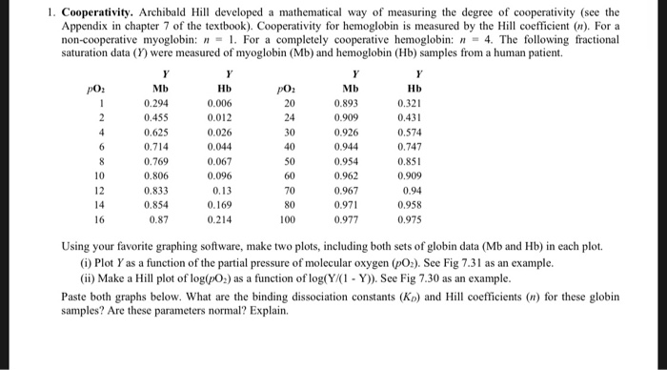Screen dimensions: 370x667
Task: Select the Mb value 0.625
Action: click(x=167, y=132)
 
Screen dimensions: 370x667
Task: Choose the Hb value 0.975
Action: click(x=416, y=221)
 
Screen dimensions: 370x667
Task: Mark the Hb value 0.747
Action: click(x=416, y=146)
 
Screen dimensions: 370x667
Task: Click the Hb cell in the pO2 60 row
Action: click(x=416, y=176)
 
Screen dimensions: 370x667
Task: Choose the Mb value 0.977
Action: click(x=356, y=221)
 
